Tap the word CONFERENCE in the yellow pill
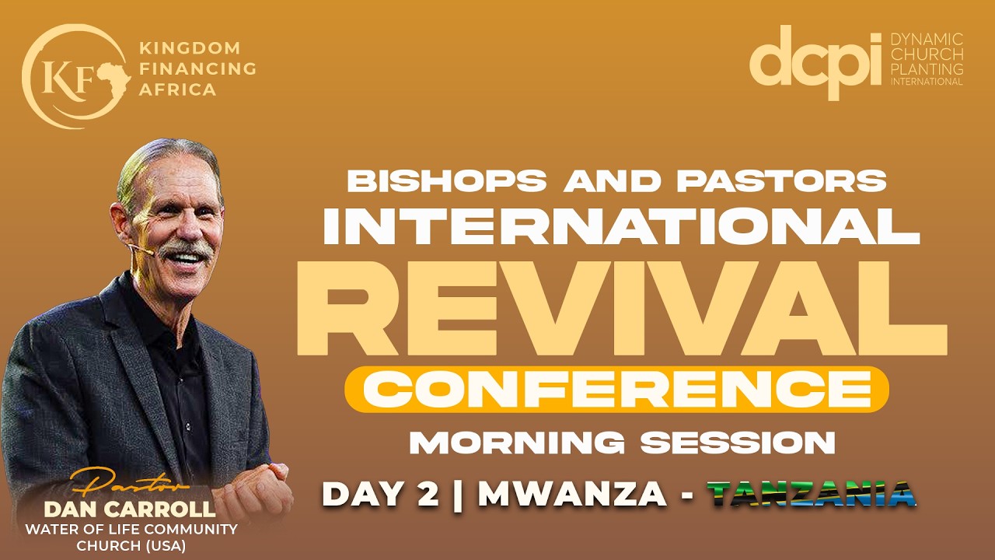coord(616,389)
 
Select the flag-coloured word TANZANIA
coord(812,495)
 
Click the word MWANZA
coord(572,495)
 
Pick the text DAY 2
coord(381,495)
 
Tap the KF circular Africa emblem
coord(74,75)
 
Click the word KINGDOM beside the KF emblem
coord(189,49)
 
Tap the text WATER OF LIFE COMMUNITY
coord(131,530)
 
